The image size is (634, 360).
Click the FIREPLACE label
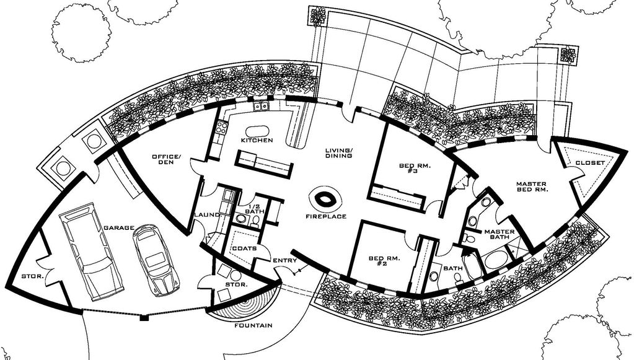(326, 216)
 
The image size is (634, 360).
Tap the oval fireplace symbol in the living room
(325, 199)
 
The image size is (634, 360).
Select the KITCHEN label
(257, 140)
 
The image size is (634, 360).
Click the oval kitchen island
(257, 132)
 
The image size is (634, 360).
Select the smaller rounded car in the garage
(156, 260)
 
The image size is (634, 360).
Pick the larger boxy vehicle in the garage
(91, 252)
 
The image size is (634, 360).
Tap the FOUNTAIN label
(253, 325)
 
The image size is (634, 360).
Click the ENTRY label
(285, 260)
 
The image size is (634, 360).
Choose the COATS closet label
(244, 248)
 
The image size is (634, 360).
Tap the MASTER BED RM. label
(532, 187)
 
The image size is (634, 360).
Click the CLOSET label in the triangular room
(590, 163)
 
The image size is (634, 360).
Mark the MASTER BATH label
(500, 234)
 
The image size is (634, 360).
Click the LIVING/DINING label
(339, 152)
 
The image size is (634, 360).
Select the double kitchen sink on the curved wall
(260, 106)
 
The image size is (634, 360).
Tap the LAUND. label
(207, 214)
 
